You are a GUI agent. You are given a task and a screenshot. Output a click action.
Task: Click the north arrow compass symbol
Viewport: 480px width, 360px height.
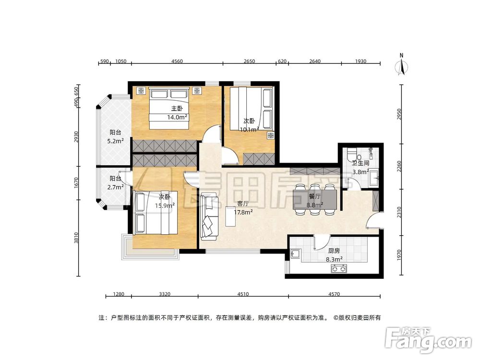pyautogui.click(x=401, y=65)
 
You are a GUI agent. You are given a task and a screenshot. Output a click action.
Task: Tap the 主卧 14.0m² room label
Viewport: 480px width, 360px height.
pyautogui.click(x=177, y=113)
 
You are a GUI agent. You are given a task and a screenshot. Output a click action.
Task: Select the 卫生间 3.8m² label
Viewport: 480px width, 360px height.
pyautogui.click(x=360, y=168)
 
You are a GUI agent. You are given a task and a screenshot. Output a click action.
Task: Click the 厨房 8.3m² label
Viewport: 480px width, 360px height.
pyautogui.click(x=334, y=255)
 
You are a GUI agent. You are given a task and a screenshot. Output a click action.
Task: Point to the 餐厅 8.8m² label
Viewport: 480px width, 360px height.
pyautogui.click(x=315, y=201)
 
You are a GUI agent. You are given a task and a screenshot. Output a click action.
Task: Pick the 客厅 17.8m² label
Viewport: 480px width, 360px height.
pyautogui.click(x=243, y=207)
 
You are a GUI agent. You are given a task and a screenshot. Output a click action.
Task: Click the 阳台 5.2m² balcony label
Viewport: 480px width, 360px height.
pyautogui.click(x=115, y=136)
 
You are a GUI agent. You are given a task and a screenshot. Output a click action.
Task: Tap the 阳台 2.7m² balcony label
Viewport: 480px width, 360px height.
pyautogui.click(x=115, y=182)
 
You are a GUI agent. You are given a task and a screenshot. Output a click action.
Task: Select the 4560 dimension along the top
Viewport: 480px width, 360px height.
pyautogui.click(x=177, y=61)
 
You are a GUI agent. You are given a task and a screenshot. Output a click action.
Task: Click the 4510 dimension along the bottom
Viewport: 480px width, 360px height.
pyautogui.click(x=243, y=294)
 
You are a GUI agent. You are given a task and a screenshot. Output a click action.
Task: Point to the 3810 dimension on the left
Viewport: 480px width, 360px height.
pyautogui.click(x=76, y=238)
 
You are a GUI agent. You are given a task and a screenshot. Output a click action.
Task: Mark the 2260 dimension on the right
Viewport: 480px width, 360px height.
pyautogui.click(x=399, y=166)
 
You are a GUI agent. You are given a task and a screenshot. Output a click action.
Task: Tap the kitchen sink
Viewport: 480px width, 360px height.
pyautogui.click(x=295, y=254)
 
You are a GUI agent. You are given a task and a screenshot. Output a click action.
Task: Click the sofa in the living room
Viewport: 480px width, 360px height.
pyautogui.click(x=209, y=216)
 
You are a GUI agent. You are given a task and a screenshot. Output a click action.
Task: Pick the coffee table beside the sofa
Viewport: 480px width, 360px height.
pyautogui.click(x=230, y=216)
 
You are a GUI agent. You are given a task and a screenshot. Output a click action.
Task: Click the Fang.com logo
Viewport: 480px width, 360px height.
pyautogui.click(x=428, y=340)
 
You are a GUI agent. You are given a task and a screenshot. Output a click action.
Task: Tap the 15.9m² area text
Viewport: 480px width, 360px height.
pyautogui.click(x=165, y=205)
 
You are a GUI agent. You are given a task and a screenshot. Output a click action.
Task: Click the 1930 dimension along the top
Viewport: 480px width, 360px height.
pyautogui.click(x=360, y=61)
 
